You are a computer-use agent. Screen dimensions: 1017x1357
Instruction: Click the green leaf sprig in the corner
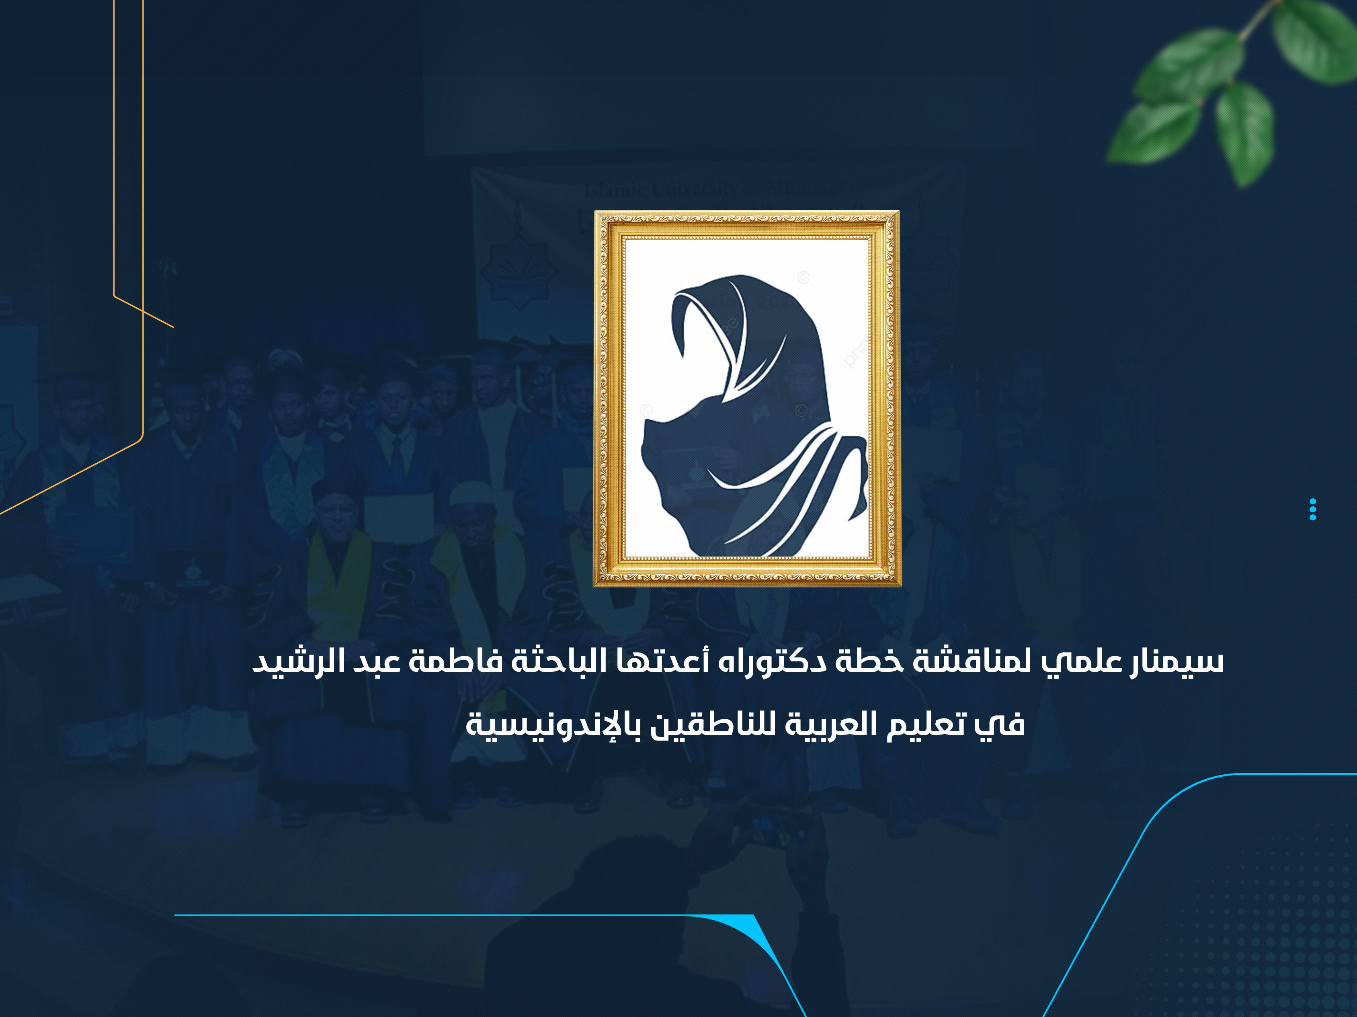click(1233, 86)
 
